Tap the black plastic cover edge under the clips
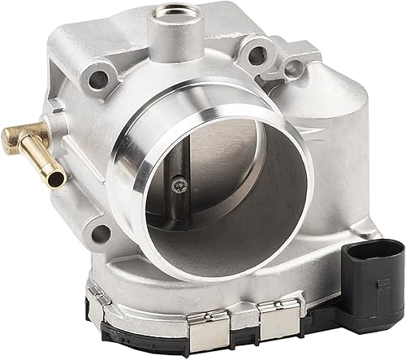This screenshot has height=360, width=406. pos(244,345)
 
